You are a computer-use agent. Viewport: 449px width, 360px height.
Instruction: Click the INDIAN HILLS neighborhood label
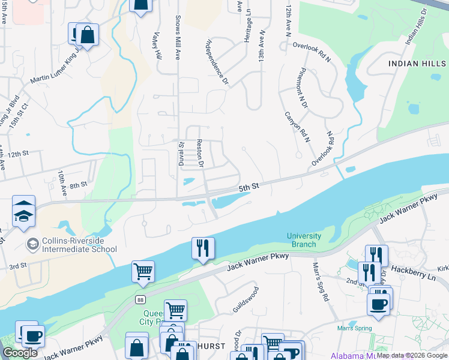[x=417, y=63]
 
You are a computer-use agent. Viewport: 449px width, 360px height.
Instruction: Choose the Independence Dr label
[x=218, y=62]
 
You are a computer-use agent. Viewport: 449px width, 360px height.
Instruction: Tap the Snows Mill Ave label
[x=177, y=37]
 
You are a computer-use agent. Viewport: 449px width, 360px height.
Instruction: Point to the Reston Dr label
[x=201, y=154]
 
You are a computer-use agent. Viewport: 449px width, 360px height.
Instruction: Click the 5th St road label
[x=249, y=188]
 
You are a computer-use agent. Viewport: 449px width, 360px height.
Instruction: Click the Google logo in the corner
[x=20, y=353]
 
